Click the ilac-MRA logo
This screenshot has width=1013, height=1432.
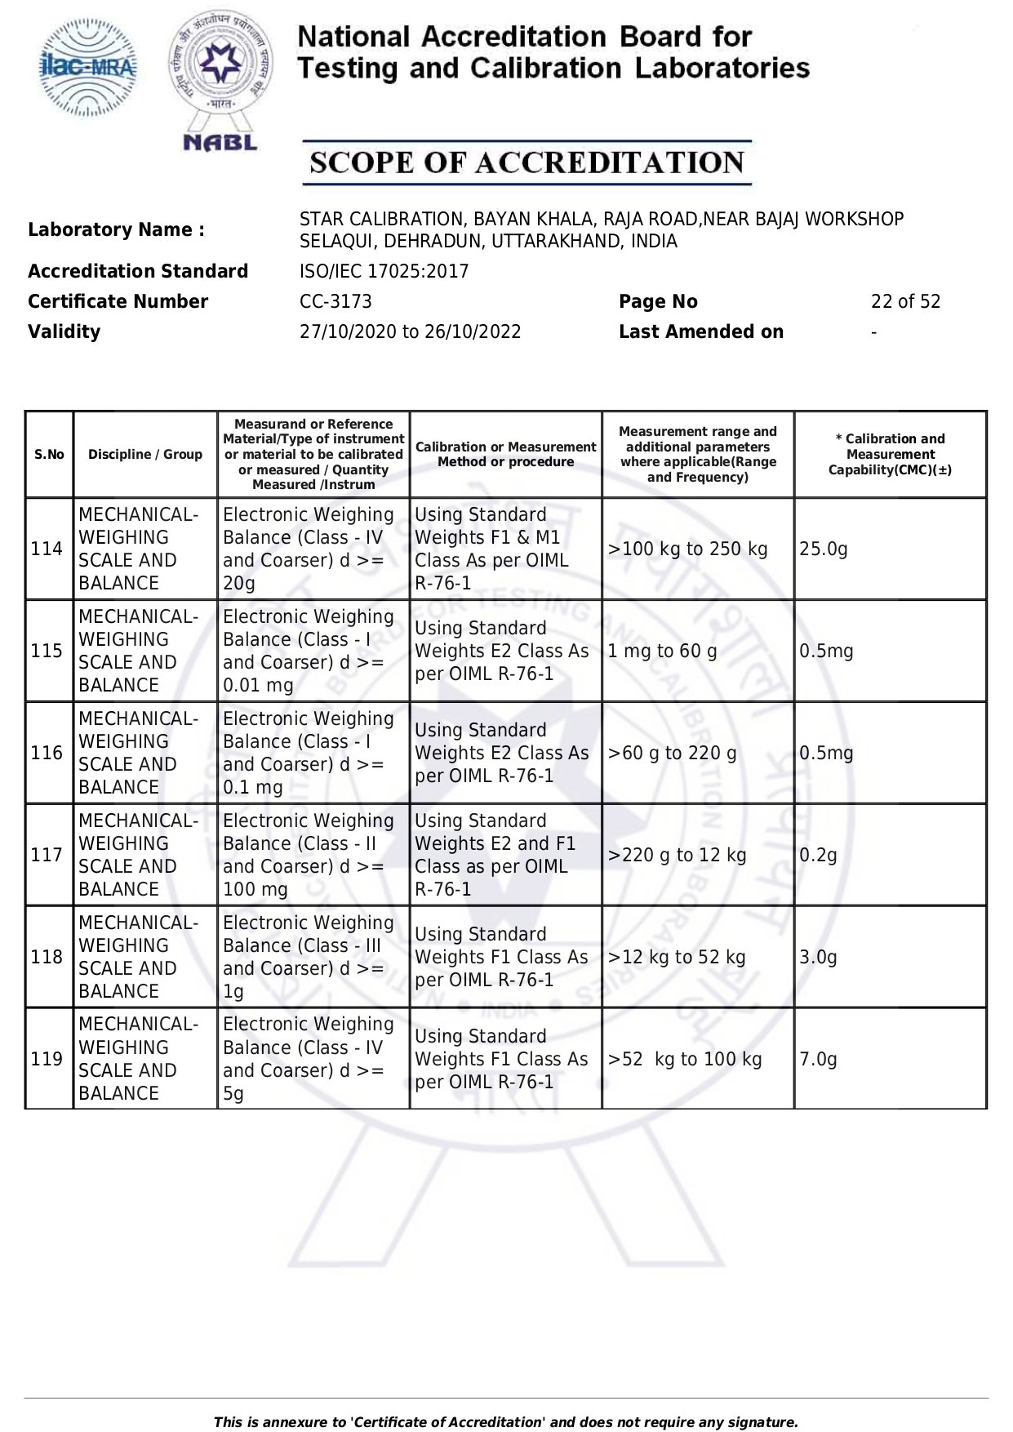pos(88,68)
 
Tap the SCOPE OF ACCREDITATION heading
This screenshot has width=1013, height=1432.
pos(526,162)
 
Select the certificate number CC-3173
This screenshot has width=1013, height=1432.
pos(335,301)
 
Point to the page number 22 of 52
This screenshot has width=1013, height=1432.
pos(905,301)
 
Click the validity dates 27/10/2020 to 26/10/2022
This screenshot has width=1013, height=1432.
pos(410,331)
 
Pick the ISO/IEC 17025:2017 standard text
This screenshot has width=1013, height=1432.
pos(384,271)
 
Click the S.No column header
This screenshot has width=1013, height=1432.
pos(49,455)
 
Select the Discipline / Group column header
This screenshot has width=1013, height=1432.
pos(145,455)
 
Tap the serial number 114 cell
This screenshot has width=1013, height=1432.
pos(47,549)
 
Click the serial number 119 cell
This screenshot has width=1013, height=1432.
pos(47,1059)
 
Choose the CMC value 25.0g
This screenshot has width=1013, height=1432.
pos(824,549)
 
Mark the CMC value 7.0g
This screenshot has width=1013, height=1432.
pos(818,1059)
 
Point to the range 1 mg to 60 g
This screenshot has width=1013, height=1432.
pos(662,651)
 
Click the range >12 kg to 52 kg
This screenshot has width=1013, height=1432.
pos(677,957)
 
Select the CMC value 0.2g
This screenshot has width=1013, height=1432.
pos(818,855)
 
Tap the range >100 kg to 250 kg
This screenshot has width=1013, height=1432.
pos(687,549)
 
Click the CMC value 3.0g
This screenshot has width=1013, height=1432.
pos(818,957)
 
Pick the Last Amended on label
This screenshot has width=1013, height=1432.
pos(700,331)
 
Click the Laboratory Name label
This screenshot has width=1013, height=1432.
pos(116,229)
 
